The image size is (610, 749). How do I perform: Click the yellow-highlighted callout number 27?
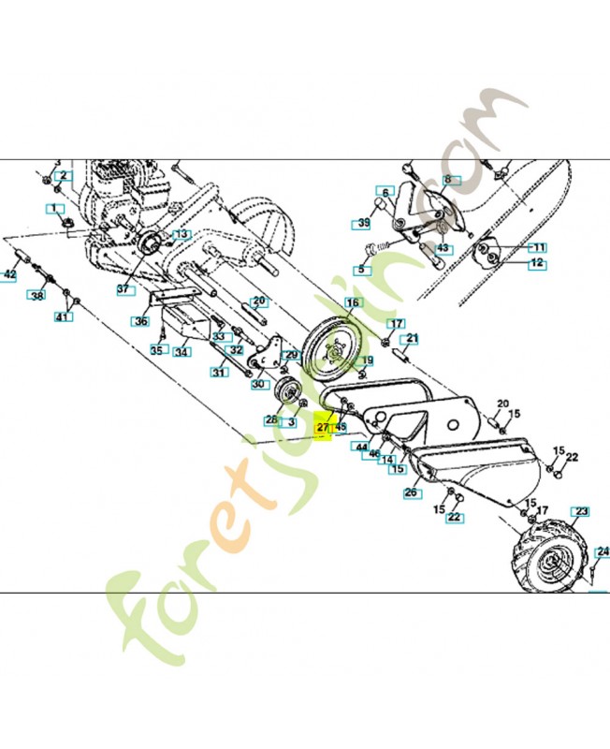(324, 427)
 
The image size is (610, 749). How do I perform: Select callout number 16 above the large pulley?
(352, 302)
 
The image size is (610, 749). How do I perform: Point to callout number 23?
(582, 511)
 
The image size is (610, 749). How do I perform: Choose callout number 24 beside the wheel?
(603, 551)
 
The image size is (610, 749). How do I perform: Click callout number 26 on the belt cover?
(410, 492)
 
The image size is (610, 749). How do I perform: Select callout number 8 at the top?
(447, 179)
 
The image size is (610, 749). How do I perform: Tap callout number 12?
(537, 264)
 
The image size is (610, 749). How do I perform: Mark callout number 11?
(537, 247)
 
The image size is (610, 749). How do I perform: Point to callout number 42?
(9, 275)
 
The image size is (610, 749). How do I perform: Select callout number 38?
(36, 296)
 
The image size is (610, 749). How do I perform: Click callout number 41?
(63, 317)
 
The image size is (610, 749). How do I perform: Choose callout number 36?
(141, 321)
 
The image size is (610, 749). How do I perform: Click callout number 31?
(218, 372)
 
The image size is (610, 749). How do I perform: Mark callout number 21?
(412, 338)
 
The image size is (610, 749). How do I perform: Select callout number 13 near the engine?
(180, 234)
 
